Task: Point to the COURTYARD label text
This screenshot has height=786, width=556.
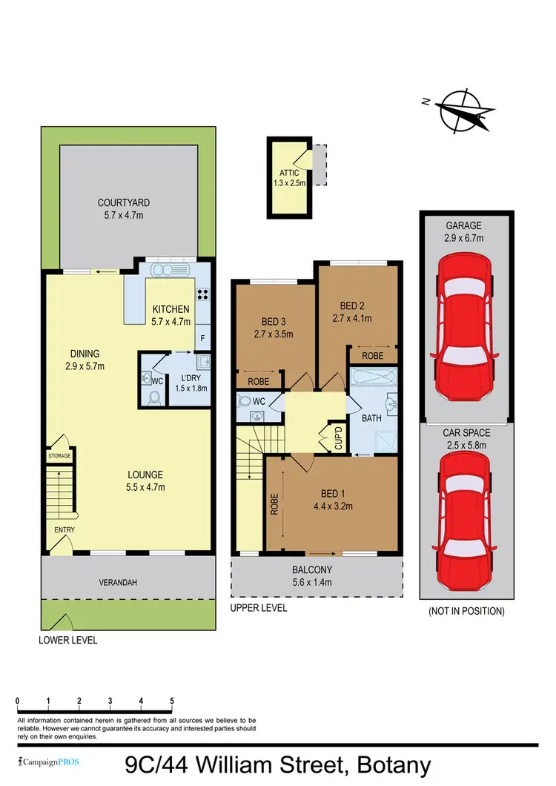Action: [x=124, y=202]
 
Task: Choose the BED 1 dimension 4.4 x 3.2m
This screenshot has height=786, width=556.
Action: [x=332, y=508]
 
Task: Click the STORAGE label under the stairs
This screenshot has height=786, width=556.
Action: [x=59, y=457]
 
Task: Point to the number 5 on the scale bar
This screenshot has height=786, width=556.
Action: [x=172, y=701]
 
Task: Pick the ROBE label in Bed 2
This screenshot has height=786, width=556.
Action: [x=373, y=356]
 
